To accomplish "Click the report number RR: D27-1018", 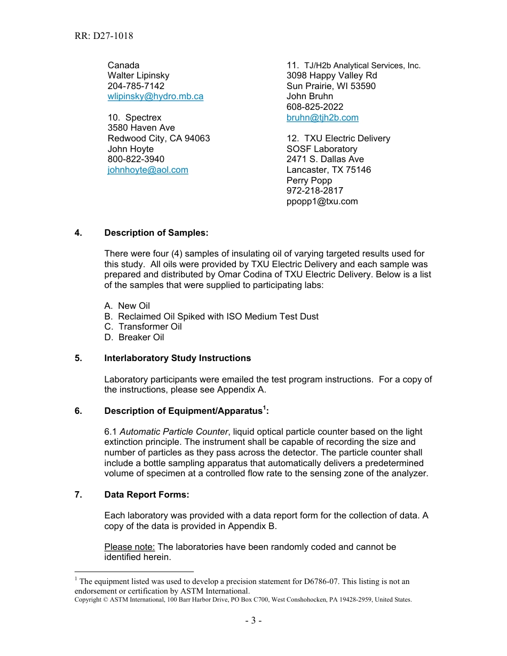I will (x=104, y=36).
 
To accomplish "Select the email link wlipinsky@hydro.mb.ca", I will (x=155, y=97).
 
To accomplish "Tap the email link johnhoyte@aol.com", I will (x=148, y=170).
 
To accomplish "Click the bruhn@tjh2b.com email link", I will (x=322, y=117).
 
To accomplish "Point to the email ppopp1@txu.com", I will (x=322, y=201).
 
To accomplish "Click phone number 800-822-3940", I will (x=136, y=159).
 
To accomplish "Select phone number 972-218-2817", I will (x=315, y=190).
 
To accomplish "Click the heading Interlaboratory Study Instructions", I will (x=177, y=358).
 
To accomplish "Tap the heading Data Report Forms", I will (x=147, y=494).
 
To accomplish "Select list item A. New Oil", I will (x=127, y=306).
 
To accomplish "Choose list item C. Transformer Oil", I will (x=143, y=326).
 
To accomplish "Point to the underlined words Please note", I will (x=130, y=547).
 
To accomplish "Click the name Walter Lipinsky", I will (x=138, y=76).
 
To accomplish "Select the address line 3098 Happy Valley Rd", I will (x=331, y=76).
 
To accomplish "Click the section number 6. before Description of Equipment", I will (x=78, y=410).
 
